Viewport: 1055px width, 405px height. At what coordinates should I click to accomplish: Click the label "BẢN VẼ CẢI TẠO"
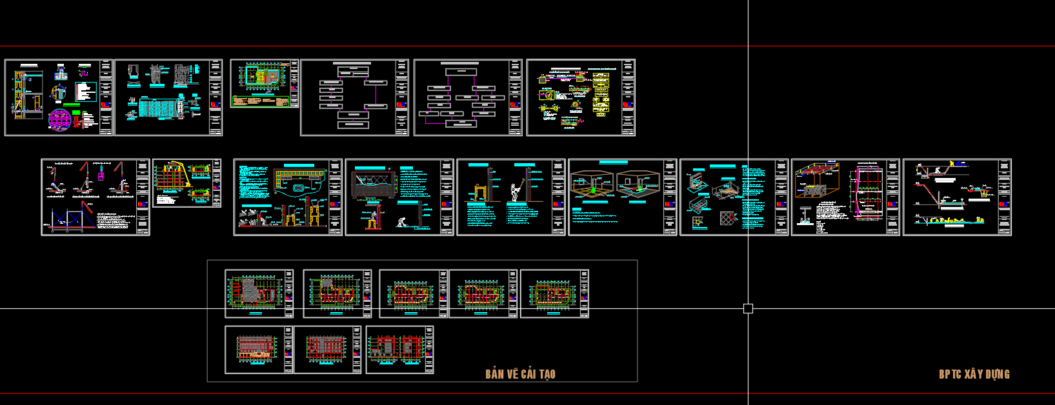520,374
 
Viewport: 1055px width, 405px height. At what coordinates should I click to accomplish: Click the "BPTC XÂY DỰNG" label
974,374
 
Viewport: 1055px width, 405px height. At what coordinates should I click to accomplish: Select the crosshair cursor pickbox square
748,308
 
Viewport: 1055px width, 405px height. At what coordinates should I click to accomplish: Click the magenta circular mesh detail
59,119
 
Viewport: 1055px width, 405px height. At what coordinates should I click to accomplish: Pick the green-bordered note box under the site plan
260,101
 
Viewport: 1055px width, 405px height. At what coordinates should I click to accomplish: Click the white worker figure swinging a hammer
516,190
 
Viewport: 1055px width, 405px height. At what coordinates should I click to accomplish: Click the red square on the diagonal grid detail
728,219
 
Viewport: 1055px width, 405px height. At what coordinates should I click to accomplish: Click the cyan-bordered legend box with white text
85,92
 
